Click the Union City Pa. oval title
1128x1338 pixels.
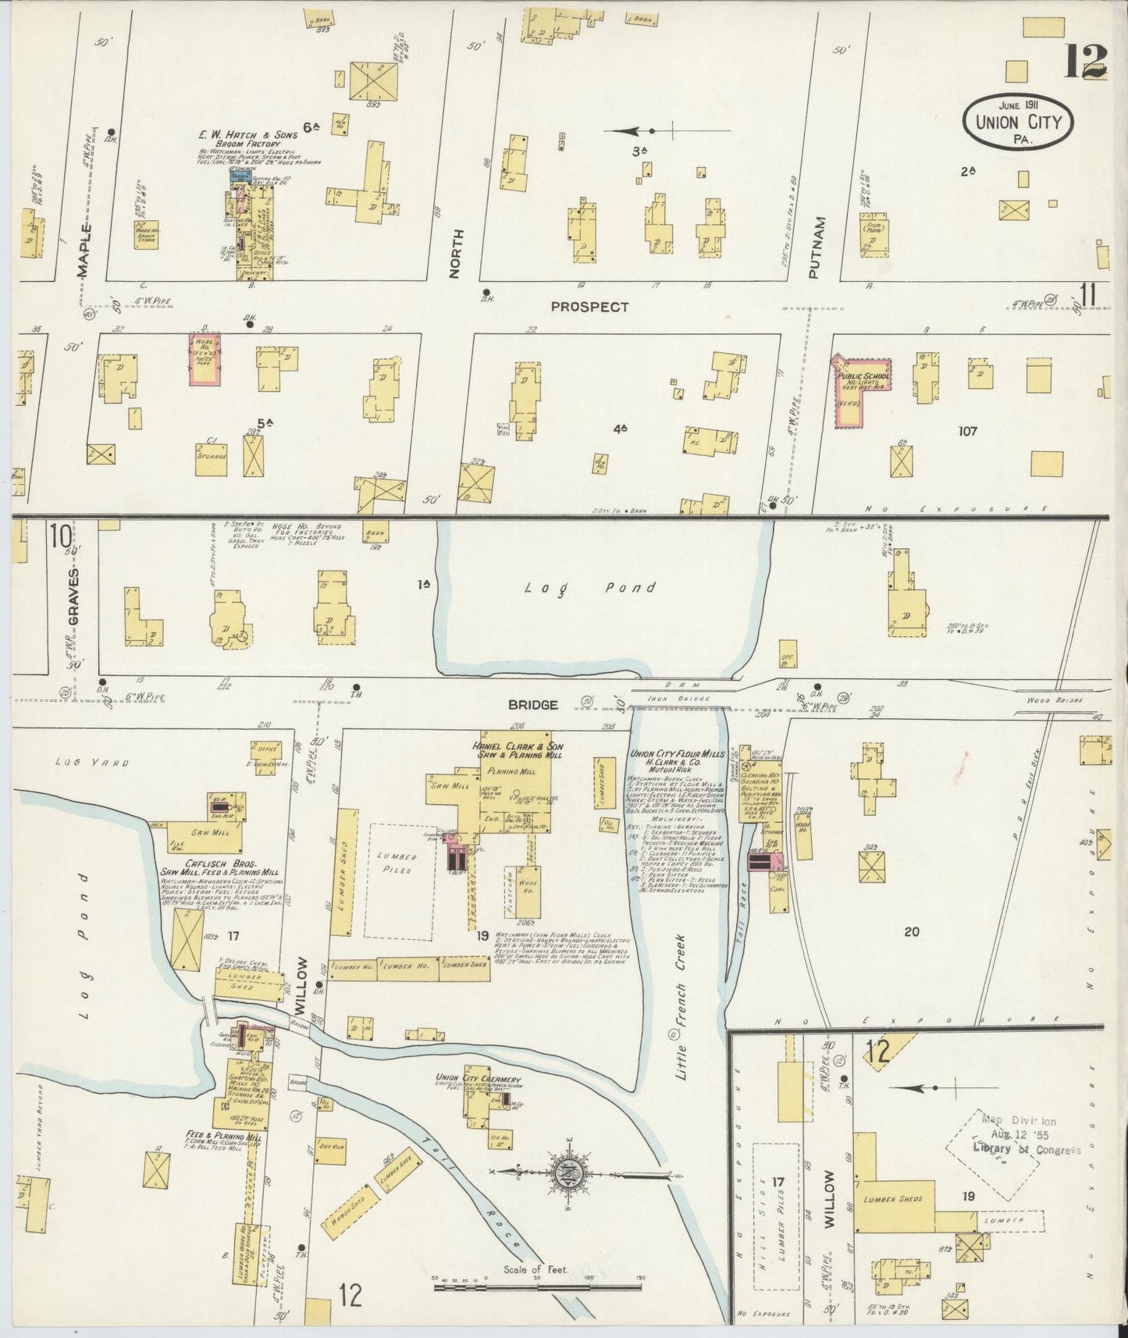(1018, 122)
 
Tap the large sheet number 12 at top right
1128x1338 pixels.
(1086, 60)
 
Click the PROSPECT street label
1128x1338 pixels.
(589, 307)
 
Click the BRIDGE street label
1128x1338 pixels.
(533, 704)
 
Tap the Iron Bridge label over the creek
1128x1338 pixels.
(678, 699)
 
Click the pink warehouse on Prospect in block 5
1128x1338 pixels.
(205, 358)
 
